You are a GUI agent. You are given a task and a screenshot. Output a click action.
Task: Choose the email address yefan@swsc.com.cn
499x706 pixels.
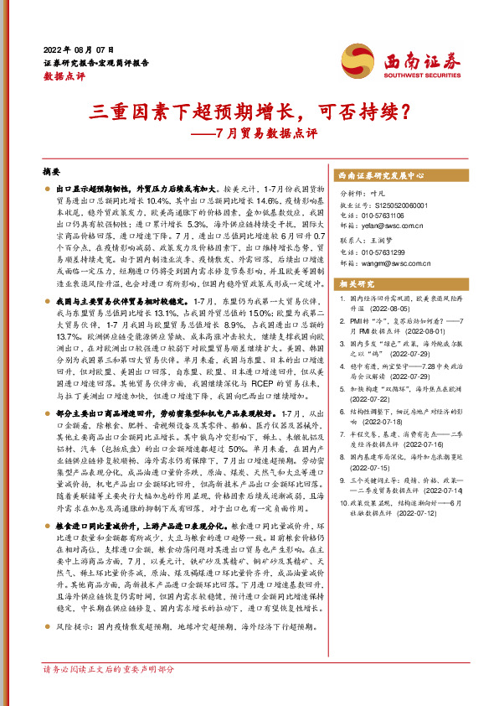[388, 226]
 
